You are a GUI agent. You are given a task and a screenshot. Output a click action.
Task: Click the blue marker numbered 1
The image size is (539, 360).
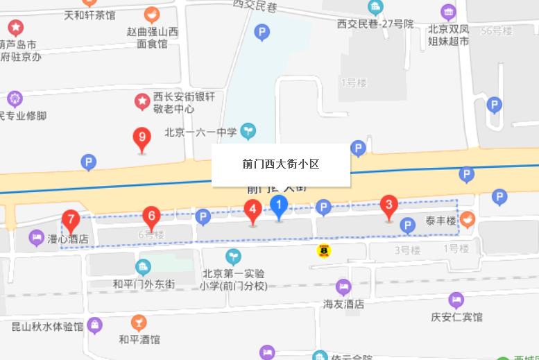[278, 206]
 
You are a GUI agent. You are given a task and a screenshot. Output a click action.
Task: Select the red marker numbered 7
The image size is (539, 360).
[70, 221]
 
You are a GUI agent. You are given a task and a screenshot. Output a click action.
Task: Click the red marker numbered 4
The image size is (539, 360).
[253, 209]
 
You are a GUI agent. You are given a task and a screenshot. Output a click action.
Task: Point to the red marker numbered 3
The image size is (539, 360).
[389, 206]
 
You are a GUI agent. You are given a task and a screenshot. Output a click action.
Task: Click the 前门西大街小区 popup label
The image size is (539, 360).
[280, 164]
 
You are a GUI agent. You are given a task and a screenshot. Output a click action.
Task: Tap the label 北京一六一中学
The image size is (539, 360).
[200, 132]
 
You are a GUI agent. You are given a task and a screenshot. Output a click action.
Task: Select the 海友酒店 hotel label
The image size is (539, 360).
[343, 304]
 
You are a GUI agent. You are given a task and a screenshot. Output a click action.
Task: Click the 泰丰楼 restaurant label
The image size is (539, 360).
[441, 221]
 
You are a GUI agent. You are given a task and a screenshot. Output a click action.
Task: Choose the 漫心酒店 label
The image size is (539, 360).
[67, 239]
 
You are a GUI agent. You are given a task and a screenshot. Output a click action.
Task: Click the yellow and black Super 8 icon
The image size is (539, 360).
[324, 250]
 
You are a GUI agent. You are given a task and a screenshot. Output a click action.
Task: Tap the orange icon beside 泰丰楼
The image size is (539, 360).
[468, 219]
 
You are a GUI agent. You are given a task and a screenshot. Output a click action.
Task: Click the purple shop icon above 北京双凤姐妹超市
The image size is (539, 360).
[449, 12]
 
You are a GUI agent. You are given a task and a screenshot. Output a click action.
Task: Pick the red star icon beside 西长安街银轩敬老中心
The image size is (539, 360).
[142, 103]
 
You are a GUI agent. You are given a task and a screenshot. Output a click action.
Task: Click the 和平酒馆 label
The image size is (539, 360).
[139, 339]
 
